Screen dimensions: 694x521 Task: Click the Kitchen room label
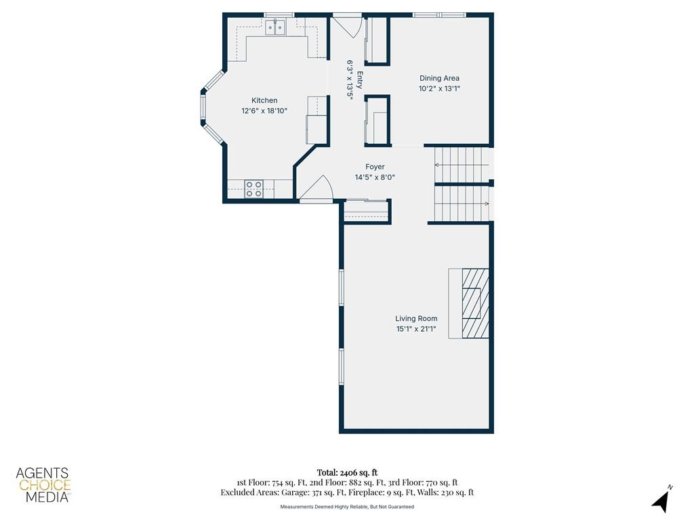[x=264, y=100]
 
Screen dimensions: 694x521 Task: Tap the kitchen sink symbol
[x=276, y=27]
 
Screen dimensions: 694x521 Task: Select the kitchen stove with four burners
[x=254, y=189]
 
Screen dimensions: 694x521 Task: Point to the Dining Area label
[x=439, y=79]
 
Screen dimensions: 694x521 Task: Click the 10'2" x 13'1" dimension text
[x=439, y=89]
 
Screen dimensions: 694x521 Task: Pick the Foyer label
[x=375, y=167]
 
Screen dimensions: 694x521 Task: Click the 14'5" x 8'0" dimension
[x=375, y=177]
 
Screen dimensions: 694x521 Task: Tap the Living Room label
[x=416, y=319]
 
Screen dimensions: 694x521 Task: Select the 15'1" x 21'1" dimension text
[x=416, y=329]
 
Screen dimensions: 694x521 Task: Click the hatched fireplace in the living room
[x=475, y=303]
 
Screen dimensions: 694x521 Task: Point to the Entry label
[x=359, y=80]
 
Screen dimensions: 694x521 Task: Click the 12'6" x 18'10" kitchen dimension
[x=264, y=111]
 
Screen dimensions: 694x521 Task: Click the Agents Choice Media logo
[x=43, y=484]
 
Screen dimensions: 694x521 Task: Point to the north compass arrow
[x=660, y=501]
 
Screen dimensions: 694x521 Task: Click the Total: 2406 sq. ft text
[x=347, y=473]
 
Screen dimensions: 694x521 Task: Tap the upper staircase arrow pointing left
[x=462, y=166]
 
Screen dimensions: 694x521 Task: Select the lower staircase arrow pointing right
[x=462, y=204]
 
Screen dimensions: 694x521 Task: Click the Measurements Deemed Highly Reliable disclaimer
[x=347, y=506]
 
